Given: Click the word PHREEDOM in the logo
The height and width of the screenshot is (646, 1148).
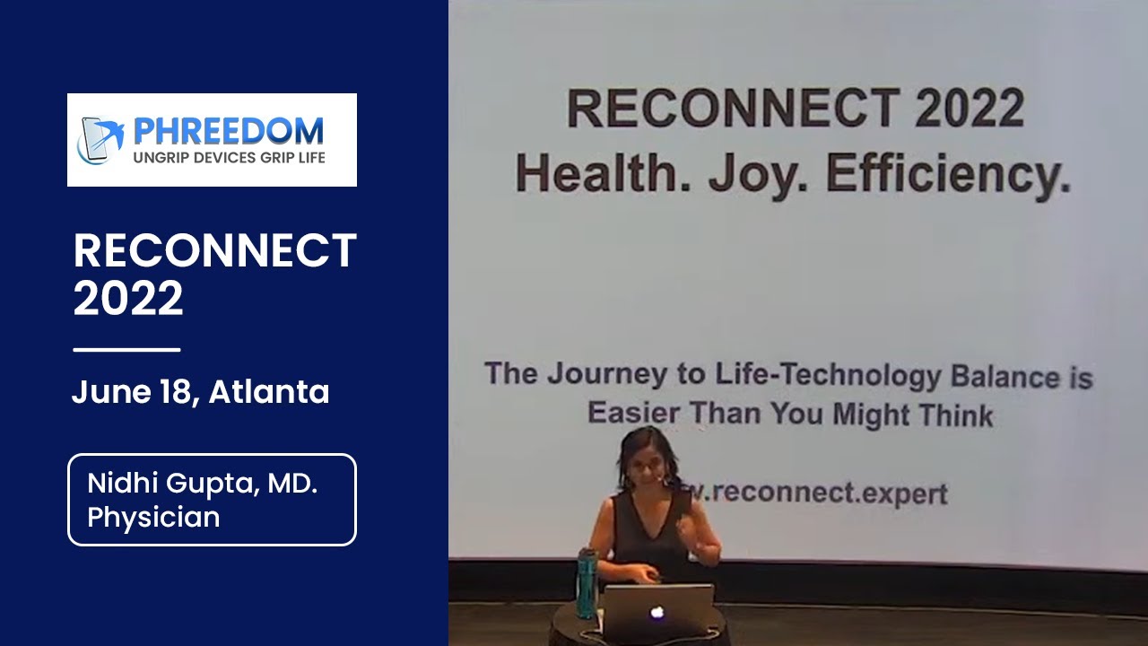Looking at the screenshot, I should point(228,131).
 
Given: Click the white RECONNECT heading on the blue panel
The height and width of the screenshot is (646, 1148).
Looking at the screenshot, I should point(215,251).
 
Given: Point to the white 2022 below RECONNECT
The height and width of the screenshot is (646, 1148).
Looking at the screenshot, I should point(128,299).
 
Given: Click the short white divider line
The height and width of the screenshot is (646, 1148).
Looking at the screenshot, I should point(126,349).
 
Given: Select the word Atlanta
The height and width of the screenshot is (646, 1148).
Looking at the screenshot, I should point(269,392).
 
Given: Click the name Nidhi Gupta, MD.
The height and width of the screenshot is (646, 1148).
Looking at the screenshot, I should point(203,484).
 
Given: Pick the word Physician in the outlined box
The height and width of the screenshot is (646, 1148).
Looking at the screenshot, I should point(153,518).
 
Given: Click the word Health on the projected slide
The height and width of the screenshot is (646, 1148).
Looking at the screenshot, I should point(603,174).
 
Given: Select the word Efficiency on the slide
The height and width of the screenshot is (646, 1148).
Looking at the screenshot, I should point(947,174).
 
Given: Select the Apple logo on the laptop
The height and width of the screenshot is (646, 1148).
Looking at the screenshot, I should point(657,612).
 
